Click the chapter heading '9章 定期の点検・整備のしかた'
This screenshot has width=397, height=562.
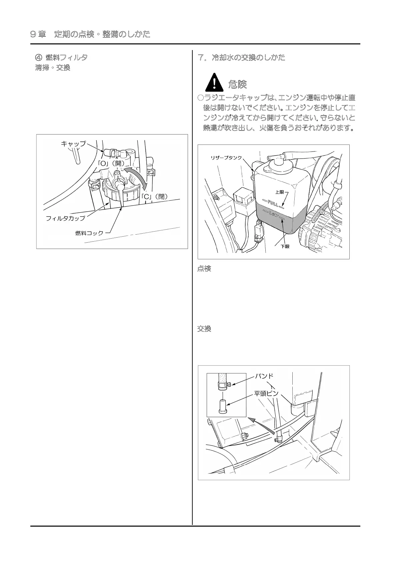tap(90, 34)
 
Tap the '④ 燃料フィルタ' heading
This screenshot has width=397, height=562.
tap(61, 57)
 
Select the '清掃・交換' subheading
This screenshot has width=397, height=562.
tap(53, 68)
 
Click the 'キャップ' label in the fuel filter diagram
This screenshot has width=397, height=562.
tap(73, 144)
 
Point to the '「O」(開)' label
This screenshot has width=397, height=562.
tap(111, 163)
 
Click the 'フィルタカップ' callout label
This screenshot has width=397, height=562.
tap(65, 219)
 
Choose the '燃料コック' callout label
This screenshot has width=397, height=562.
tap(89, 233)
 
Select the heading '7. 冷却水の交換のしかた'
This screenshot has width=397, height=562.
tap(242, 57)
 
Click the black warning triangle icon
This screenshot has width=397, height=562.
tap(214, 83)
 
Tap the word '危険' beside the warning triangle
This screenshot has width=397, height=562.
tap(237, 84)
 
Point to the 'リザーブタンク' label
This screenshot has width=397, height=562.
tap(226, 158)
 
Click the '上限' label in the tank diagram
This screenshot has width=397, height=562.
tap(279, 192)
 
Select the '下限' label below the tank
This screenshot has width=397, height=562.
tap(285, 246)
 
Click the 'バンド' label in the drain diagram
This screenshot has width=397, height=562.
tap(264, 376)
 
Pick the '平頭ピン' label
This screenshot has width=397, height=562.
tap(266, 393)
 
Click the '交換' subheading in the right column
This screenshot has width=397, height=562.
tap(204, 329)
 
